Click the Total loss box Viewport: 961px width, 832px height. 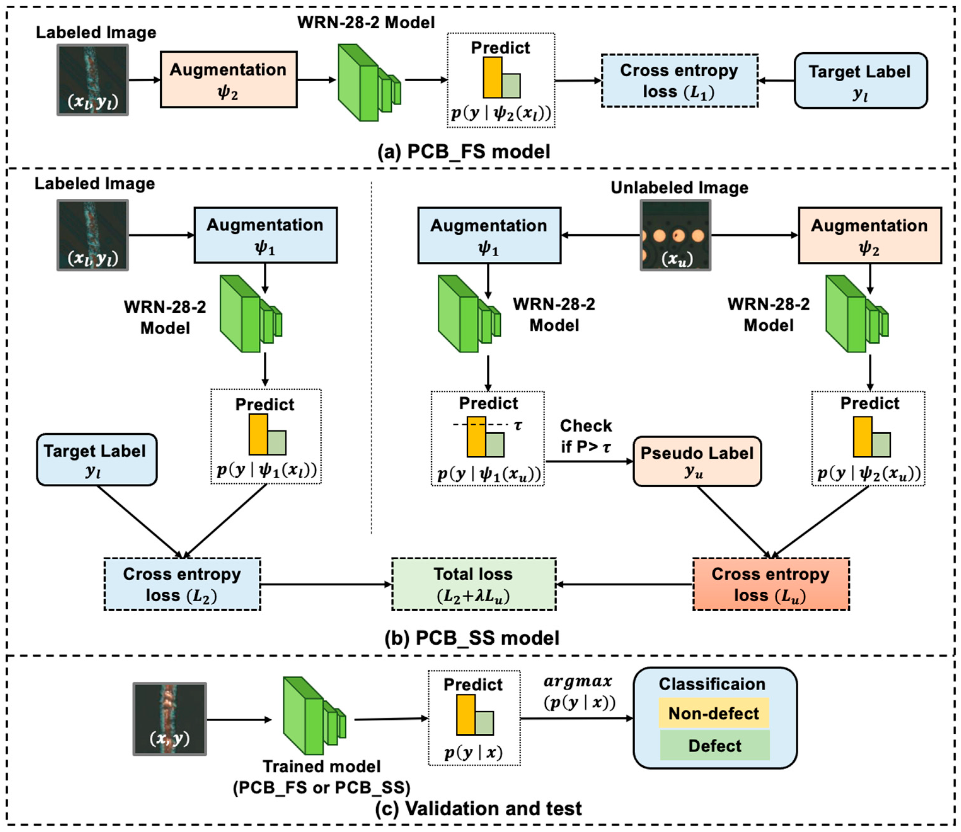[x=473, y=584]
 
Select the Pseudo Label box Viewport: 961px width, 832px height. [x=697, y=461]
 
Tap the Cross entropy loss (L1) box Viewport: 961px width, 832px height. [x=679, y=81]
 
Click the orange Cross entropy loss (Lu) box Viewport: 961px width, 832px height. [x=771, y=584]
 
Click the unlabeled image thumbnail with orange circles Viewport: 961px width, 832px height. [x=675, y=235]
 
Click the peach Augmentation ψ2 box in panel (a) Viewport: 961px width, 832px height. [x=228, y=80]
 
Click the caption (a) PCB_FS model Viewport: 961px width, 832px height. [x=463, y=152]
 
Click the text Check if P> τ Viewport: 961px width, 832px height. [x=586, y=436]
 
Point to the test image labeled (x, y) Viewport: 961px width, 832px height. [x=170, y=719]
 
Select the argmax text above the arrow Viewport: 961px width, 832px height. [x=578, y=681]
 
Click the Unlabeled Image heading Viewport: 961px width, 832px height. [x=679, y=188]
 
